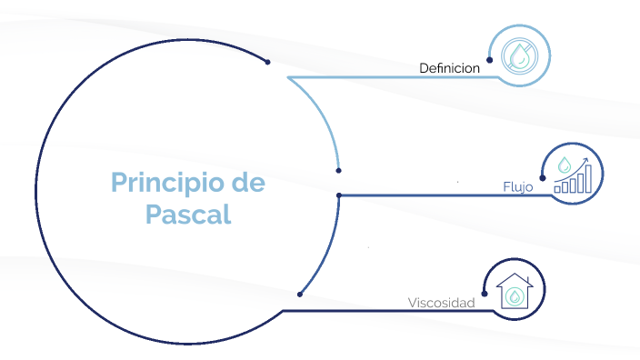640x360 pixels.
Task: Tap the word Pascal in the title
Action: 187,215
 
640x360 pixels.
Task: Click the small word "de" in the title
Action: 247,182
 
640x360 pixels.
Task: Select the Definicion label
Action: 449,68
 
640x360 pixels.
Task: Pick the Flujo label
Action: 518,186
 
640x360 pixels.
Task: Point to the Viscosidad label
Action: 441,303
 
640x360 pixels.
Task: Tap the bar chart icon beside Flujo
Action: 573,175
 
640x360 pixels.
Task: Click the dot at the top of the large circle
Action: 267,62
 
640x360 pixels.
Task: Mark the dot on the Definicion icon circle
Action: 490,60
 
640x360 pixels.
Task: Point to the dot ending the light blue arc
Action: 338,170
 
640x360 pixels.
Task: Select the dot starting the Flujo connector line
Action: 338,195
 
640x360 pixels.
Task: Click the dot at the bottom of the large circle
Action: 299,293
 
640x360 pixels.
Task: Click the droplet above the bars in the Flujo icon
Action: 565,165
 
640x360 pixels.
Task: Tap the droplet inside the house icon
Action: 515,296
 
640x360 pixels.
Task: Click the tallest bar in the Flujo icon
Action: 587,180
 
